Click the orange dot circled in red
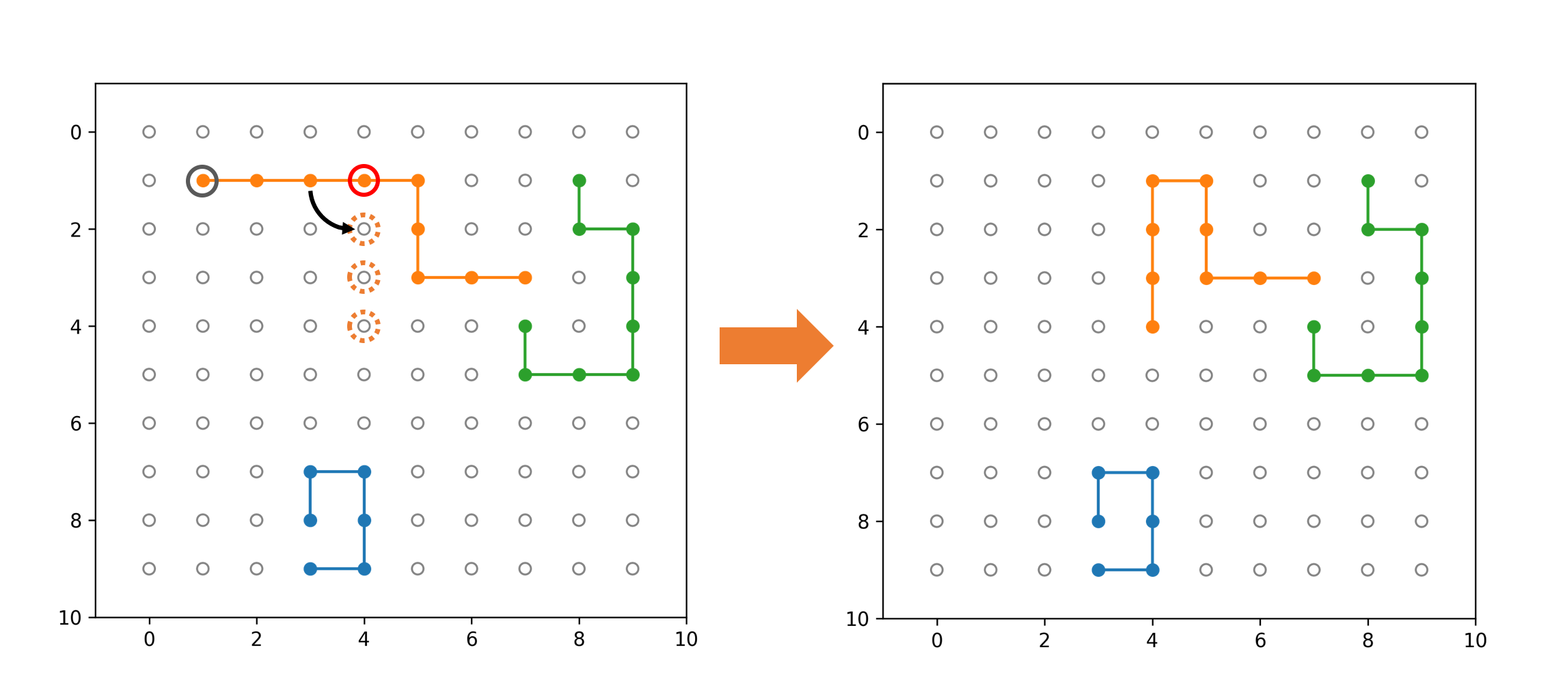click(364, 180)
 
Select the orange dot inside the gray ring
click(203, 180)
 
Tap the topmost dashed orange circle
click(364, 229)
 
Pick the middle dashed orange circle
click(364, 277)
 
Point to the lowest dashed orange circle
click(364, 326)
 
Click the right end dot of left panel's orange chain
click(525, 277)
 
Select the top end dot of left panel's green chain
click(579, 180)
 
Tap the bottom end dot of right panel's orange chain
click(1152, 327)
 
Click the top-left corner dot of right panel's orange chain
click(1152, 181)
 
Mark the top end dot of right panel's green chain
click(1367, 181)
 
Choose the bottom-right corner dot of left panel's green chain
click(633, 374)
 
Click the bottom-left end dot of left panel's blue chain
click(310, 569)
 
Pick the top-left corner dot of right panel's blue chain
click(1098, 472)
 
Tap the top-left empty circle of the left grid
click(149, 132)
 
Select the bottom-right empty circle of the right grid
click(1421, 569)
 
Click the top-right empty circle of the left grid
click(633, 132)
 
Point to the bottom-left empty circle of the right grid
click(936, 569)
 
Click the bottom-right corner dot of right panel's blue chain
click(1152, 569)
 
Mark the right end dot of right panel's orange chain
click(1313, 278)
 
